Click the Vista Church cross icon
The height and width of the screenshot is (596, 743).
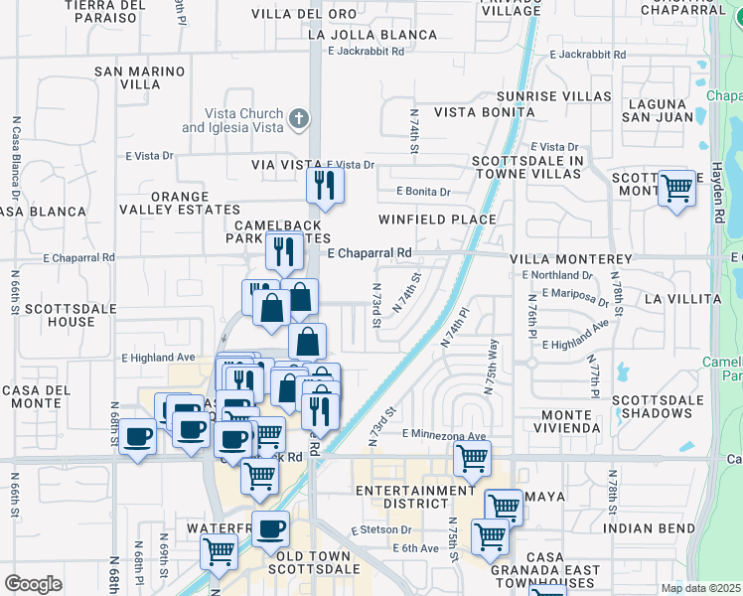(298, 120)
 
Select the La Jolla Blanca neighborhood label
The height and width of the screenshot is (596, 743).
(372, 34)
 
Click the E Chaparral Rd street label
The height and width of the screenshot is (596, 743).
(370, 253)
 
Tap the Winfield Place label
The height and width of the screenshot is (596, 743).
(437, 220)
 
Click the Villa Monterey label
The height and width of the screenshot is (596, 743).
(571, 259)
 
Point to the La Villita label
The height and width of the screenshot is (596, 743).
(682, 298)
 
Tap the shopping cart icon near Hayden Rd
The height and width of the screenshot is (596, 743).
(676, 188)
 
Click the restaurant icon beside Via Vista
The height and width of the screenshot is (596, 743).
(325, 186)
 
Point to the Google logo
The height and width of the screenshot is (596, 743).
(33, 584)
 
